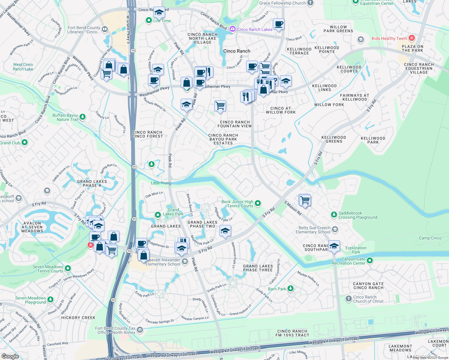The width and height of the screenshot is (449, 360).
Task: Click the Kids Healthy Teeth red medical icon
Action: point(412,38)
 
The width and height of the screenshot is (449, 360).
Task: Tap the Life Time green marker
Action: point(149,21)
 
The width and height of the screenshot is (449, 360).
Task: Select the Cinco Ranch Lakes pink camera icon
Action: point(232,29)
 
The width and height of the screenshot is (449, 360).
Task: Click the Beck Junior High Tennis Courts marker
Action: point(258,204)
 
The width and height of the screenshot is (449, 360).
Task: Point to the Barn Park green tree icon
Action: point(290,289)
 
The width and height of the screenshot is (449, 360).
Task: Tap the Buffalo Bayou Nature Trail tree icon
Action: point(83,117)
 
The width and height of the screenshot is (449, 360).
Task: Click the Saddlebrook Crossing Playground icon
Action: point(334,215)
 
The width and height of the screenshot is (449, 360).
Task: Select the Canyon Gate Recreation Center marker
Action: point(370,261)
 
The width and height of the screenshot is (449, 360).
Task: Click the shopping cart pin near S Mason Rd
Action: point(305,200)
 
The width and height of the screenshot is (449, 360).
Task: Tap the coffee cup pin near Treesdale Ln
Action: point(279,24)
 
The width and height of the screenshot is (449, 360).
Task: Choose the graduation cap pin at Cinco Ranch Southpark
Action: point(334,246)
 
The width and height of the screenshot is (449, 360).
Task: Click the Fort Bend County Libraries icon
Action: point(105,29)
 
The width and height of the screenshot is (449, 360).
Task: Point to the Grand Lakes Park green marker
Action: point(158,215)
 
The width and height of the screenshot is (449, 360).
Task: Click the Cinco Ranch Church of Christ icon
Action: point(348,299)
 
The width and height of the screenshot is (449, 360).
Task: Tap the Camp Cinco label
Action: point(430,238)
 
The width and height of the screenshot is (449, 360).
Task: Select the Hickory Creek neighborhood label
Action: point(78,318)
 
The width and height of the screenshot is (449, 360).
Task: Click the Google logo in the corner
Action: point(10,356)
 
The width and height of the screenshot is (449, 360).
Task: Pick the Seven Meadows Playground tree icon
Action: point(50,300)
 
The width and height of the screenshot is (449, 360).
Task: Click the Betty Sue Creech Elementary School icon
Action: point(335,230)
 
